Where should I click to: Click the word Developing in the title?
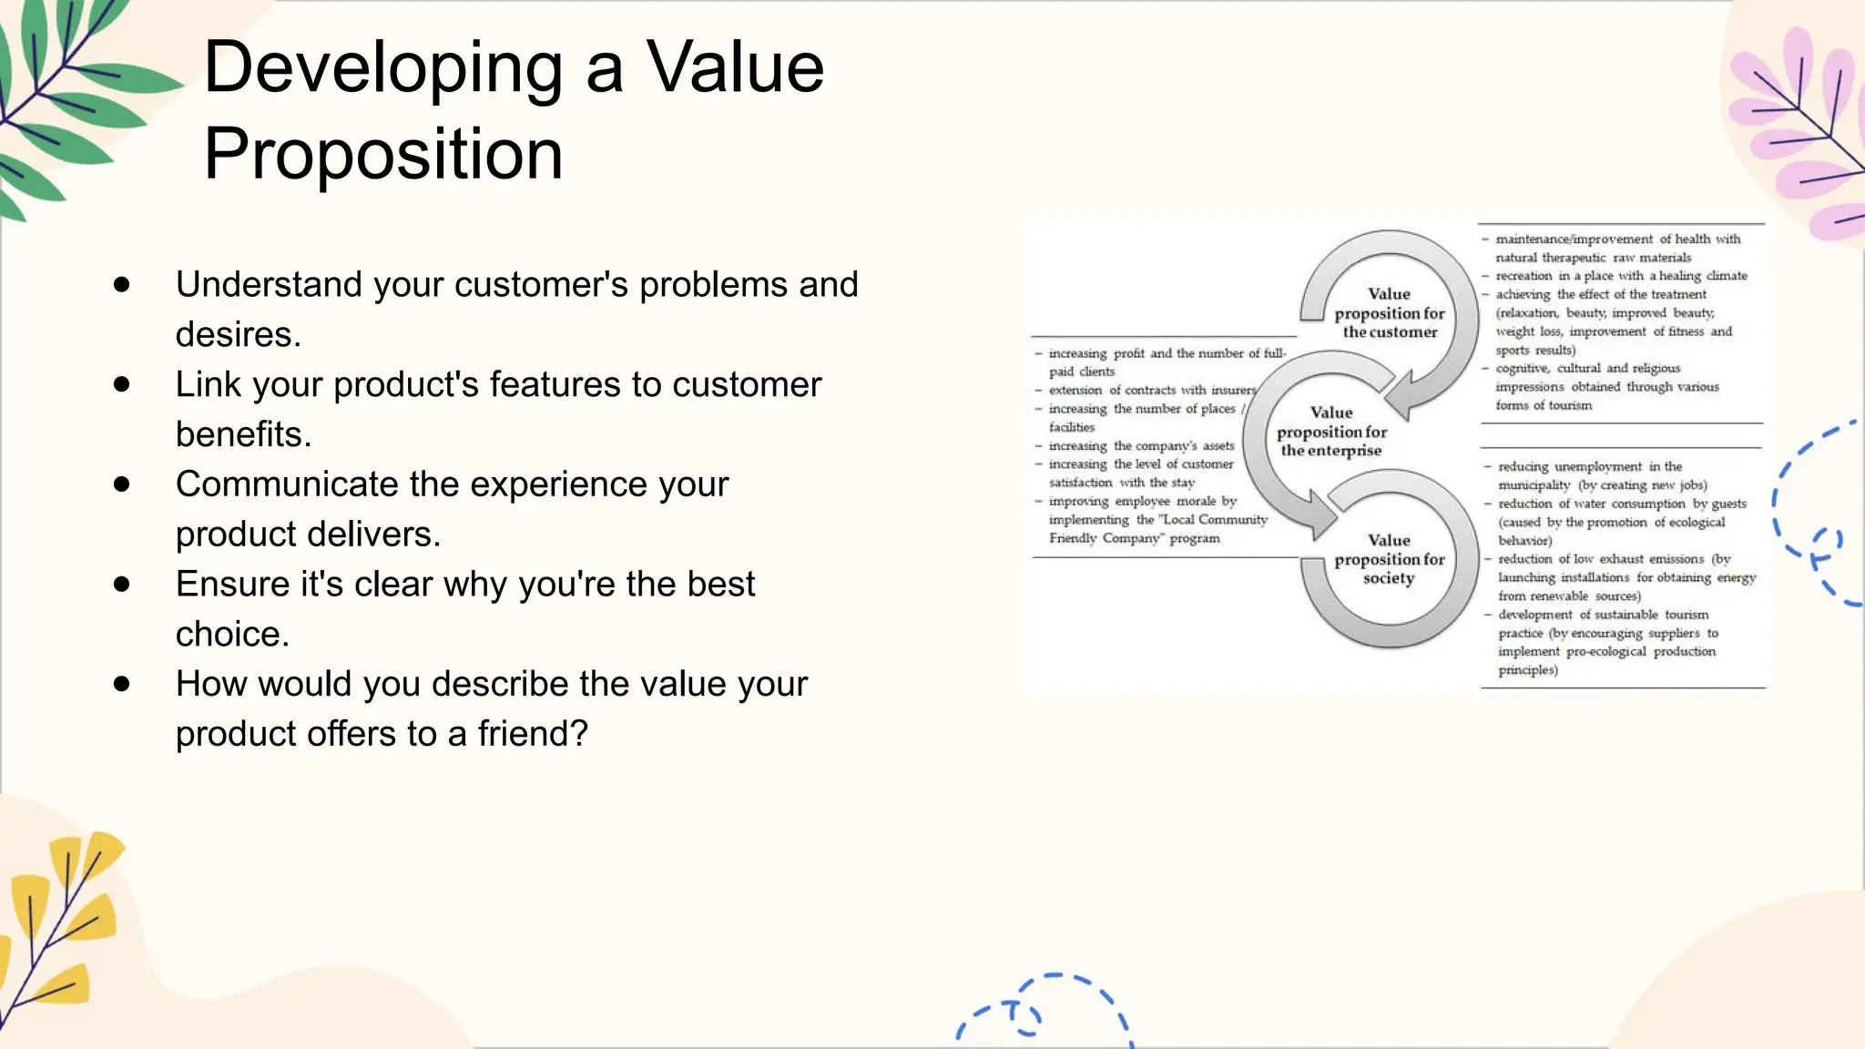point(382,69)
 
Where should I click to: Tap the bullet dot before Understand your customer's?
point(122,285)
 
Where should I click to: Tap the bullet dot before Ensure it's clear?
point(122,585)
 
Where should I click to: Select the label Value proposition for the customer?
point(1389,313)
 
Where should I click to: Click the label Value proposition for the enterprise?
point(1331,432)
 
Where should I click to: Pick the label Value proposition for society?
point(1389,559)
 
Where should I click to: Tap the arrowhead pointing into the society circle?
point(1319,518)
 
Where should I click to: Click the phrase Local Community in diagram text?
point(1216,520)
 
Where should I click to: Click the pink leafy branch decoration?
point(1803,127)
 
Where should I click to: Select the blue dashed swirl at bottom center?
point(1047,1006)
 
